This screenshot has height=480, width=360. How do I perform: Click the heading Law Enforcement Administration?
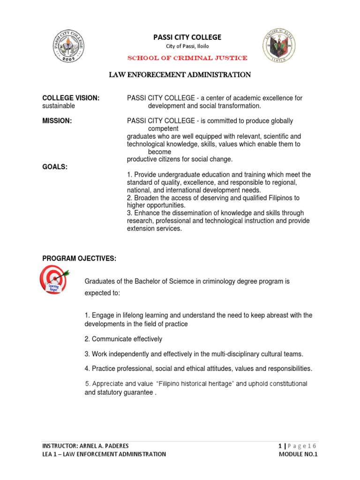pos(180,75)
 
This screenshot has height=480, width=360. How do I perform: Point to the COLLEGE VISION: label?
pos(71,98)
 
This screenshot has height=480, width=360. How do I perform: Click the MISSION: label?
pos(57,121)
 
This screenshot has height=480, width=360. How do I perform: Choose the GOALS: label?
pos(55,167)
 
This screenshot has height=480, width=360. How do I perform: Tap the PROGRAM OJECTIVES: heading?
pos(79,259)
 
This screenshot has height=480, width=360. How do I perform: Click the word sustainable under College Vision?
pos(59,106)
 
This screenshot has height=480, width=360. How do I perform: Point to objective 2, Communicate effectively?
pos(123,339)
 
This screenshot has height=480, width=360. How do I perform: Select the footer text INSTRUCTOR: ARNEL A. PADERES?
pos(85,445)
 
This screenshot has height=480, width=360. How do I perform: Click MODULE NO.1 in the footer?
pos(298,454)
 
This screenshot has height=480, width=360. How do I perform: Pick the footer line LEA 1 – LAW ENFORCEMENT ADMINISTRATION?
pos(104,454)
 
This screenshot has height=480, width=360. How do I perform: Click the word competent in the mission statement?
pos(163,128)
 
